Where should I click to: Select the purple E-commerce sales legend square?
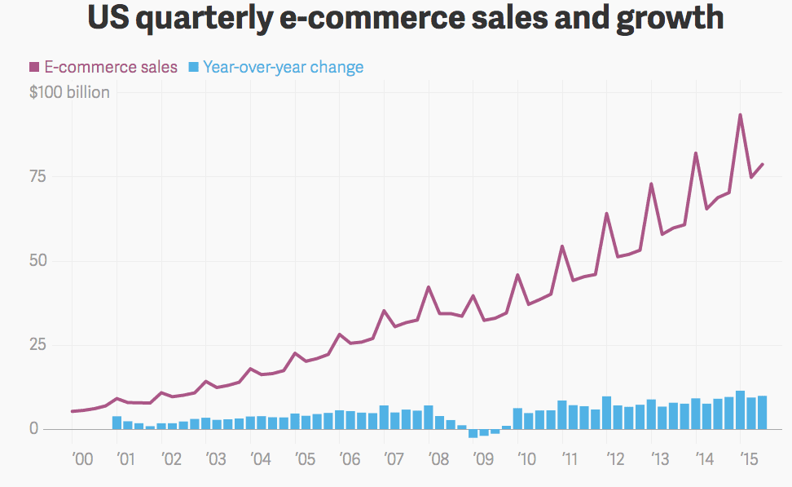[x=34, y=67]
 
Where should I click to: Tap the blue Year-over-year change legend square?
[x=193, y=67]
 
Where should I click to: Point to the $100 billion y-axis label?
[x=69, y=93]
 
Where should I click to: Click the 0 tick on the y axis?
[x=34, y=429]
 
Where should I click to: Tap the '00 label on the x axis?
[x=81, y=459]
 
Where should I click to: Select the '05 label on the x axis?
[x=306, y=459]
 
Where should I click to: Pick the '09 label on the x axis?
[x=483, y=459]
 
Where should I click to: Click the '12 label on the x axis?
[x=617, y=459]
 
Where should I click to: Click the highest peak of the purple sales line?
[x=740, y=115]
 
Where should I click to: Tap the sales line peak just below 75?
[x=651, y=184]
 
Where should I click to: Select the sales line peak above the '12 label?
[x=607, y=214]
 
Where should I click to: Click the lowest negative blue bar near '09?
[x=473, y=433]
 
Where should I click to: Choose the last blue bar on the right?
[x=762, y=412]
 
